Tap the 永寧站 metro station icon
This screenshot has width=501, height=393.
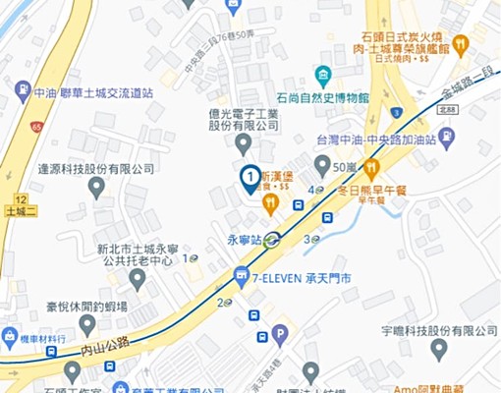pos(271,238)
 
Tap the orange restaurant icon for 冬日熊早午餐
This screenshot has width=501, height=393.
pos(371,169)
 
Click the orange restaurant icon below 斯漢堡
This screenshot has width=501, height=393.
pos(271,203)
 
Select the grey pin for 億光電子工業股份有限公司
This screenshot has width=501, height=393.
pos(244,144)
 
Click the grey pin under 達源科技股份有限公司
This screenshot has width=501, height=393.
pos(96,187)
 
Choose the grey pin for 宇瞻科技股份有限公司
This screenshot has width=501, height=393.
pos(438,348)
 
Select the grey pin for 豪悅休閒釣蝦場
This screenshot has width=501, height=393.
pos(88,325)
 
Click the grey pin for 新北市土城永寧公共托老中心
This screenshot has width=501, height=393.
pos(138,279)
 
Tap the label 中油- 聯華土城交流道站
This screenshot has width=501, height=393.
pos(92,91)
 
